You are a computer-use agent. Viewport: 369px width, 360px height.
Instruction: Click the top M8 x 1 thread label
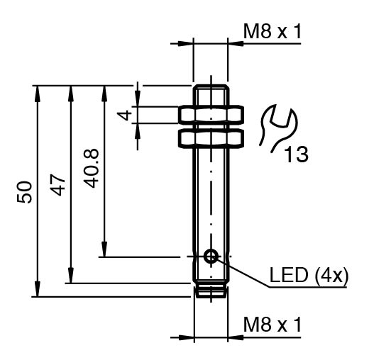tap(272, 32)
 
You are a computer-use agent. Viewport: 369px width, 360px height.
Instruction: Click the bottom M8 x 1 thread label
tap(272, 325)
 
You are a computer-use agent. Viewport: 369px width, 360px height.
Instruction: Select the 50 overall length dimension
tap(24, 192)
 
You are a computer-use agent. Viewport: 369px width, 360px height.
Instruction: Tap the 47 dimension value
tap(57, 185)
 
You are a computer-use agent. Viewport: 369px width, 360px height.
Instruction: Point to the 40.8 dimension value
tap(91, 168)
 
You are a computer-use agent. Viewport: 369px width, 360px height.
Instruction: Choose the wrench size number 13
tap(296, 154)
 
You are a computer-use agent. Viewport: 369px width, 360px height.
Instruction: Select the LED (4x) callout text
tap(309, 275)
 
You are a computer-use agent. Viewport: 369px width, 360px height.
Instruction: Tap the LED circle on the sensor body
tap(211, 256)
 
